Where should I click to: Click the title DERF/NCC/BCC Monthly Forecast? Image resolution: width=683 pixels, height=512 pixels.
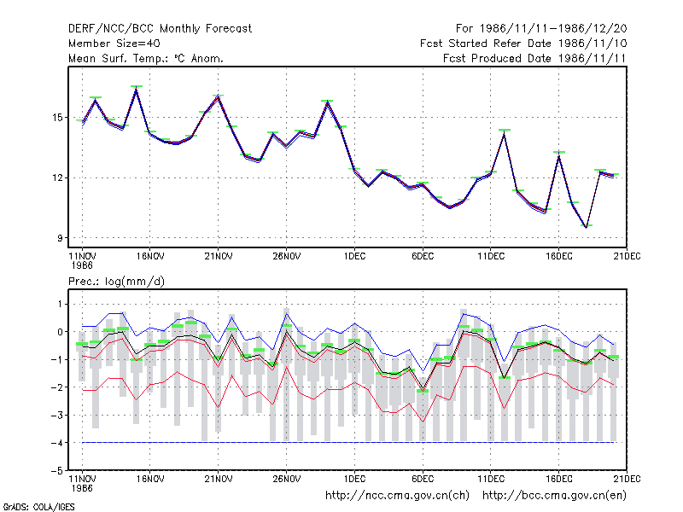pos(160,29)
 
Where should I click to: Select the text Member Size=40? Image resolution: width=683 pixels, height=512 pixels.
pos(114,44)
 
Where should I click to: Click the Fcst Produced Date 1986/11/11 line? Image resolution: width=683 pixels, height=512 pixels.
pos(534,58)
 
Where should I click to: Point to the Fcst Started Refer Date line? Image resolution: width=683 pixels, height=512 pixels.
pos(523,44)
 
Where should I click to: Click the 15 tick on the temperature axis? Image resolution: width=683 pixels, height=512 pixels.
pos(58,118)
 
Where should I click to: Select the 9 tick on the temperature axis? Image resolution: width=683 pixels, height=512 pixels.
pos(60,238)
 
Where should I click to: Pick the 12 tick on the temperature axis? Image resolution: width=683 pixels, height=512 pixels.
pos(58,178)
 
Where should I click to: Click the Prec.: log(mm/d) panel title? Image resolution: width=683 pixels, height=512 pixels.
pos(116,282)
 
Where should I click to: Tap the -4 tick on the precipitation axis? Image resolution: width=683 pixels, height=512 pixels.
pos(56,443)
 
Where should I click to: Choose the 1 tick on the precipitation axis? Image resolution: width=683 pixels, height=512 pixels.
pos(60,304)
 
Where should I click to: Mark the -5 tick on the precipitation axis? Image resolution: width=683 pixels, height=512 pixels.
pos(56,471)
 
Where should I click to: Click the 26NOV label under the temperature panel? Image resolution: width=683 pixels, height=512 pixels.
pos(287,257)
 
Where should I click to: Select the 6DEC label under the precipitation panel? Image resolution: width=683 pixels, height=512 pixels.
pos(423,480)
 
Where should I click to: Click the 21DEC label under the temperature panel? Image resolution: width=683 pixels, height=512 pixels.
pos(627,257)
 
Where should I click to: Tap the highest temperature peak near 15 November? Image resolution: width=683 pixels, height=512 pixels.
pos(137,89)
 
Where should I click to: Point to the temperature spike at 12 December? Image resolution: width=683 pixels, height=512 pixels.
pos(504,133)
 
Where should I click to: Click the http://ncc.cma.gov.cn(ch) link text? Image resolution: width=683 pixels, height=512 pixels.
pos(397,496)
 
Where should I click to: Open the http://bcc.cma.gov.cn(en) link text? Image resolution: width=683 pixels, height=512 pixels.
pos(554,496)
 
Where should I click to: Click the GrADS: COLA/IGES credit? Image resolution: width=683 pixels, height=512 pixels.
pos(38,507)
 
